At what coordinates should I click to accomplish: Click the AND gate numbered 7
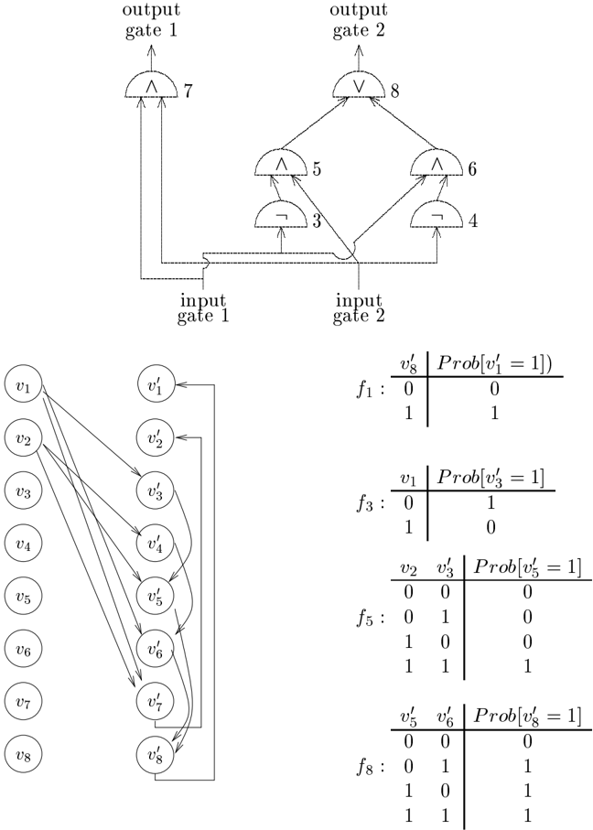pyautogui.click(x=151, y=85)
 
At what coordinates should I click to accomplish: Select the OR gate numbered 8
pyautogui.click(x=359, y=85)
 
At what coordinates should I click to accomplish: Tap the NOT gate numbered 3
pyautogui.click(x=281, y=215)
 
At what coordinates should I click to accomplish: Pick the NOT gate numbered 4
pyautogui.click(x=437, y=215)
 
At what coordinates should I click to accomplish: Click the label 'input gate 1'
pyautogui.click(x=203, y=308)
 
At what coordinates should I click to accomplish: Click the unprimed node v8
pyautogui.click(x=23, y=754)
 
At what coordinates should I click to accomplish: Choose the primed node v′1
pyautogui.click(x=156, y=386)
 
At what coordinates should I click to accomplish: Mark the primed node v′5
pyautogui.click(x=156, y=597)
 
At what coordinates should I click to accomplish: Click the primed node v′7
pyautogui.click(x=156, y=701)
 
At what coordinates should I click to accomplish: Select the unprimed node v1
pyautogui.click(x=23, y=386)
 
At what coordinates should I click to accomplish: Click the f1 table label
pyautogui.click(x=370, y=391)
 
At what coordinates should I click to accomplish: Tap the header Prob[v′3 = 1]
pyautogui.click(x=491, y=478)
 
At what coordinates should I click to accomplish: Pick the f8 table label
pyautogui.click(x=370, y=767)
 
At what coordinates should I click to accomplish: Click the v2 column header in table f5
pyautogui.click(x=408, y=568)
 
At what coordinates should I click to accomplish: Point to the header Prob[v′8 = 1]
pyautogui.click(x=527, y=716)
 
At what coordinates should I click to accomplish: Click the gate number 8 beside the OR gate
pyautogui.click(x=395, y=92)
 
